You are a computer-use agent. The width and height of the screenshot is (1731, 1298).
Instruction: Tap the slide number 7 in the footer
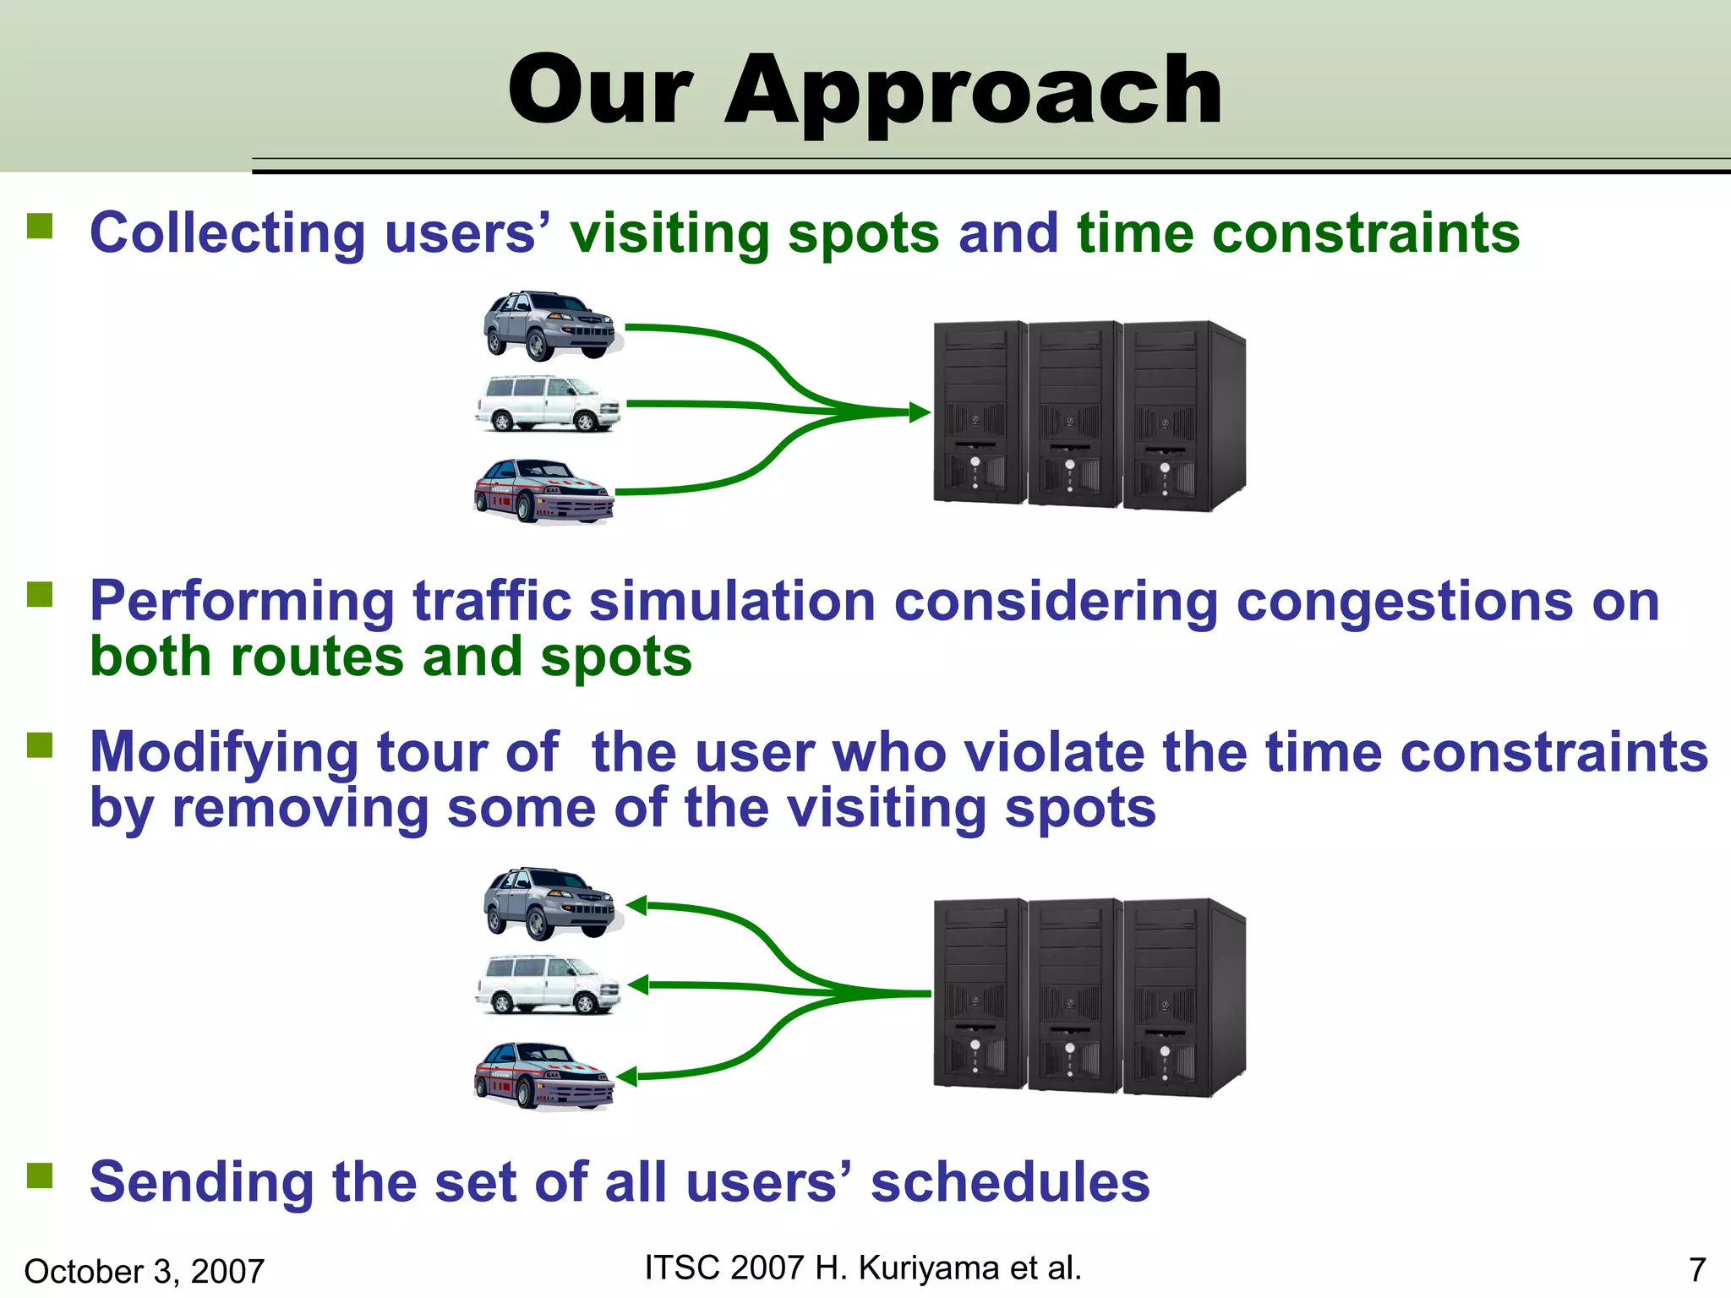pyautogui.click(x=1696, y=1269)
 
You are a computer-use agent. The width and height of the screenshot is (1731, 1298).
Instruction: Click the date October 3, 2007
pyautogui.click(x=145, y=1271)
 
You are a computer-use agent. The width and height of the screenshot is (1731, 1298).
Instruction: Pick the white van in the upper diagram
pyautogui.click(x=548, y=404)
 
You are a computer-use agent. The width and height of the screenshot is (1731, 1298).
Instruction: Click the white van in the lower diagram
pyautogui.click(x=548, y=984)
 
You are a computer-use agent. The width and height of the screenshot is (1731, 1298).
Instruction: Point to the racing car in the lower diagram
pyautogui.click(x=543, y=1075)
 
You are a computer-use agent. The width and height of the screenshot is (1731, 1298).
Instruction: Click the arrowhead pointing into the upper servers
pyautogui.click(x=919, y=413)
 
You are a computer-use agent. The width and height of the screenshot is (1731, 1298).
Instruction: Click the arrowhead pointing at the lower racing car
pyautogui.click(x=627, y=1077)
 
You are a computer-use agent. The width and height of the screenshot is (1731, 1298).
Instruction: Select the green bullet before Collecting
pyautogui.click(x=40, y=226)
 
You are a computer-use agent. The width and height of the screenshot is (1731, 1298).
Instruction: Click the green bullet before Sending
pyautogui.click(x=40, y=1175)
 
